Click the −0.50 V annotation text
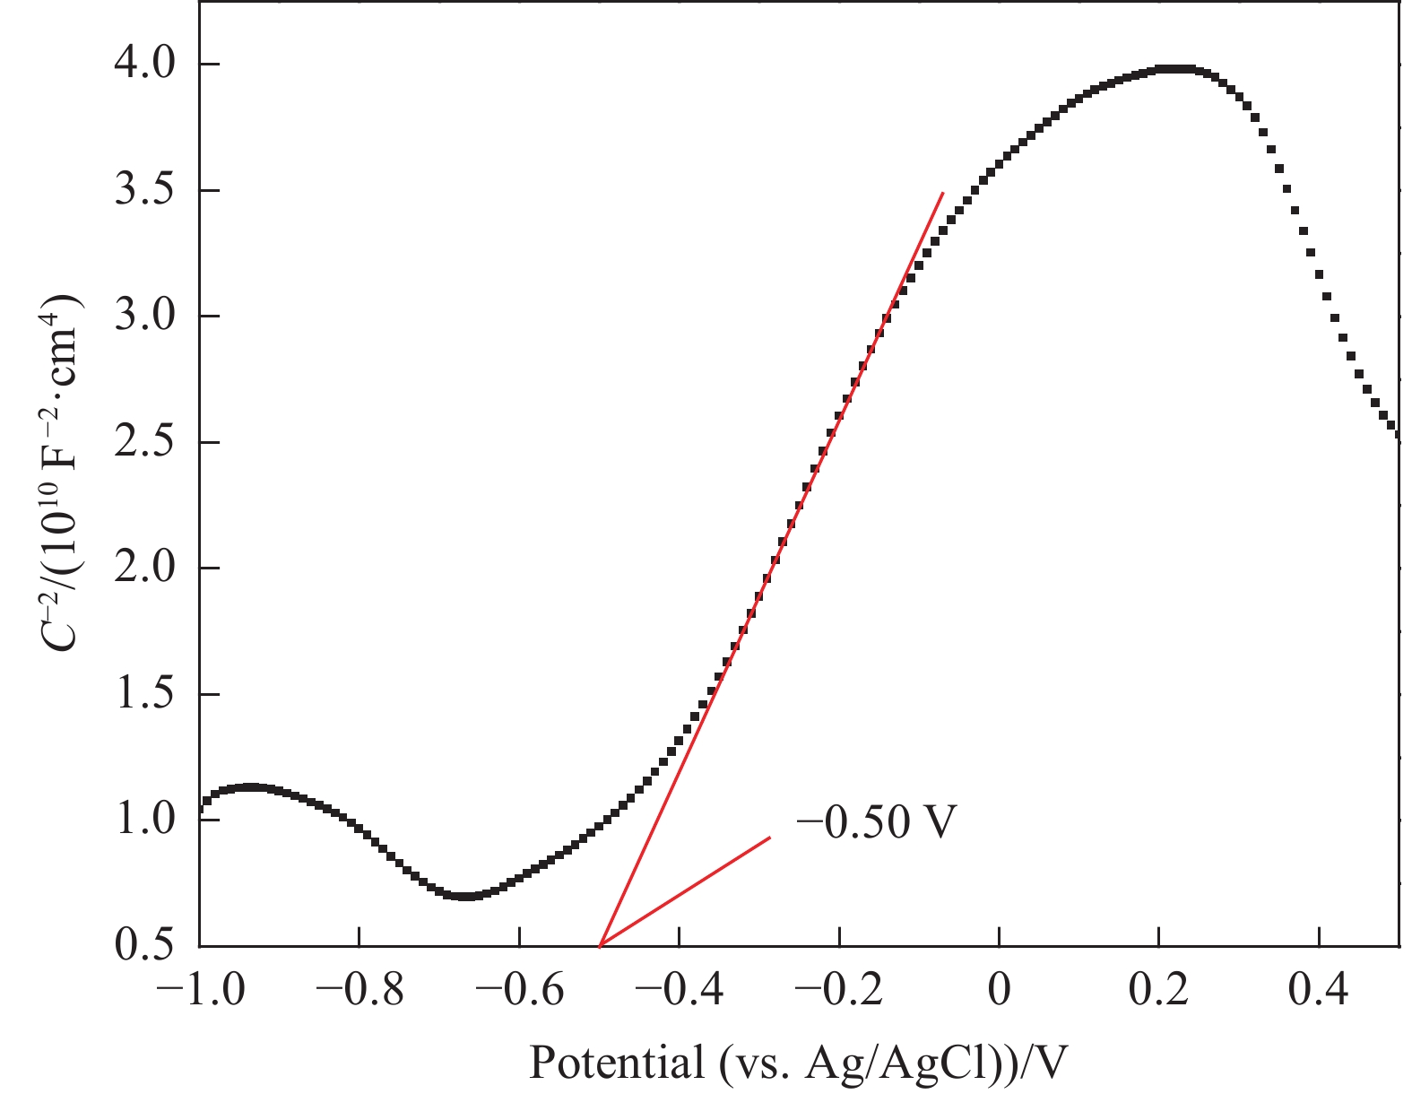876,820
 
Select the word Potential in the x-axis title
617,1063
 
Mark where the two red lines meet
600,945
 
